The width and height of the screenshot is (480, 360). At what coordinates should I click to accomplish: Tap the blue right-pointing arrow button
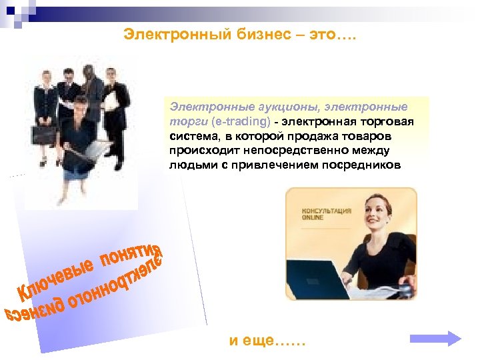point(435,338)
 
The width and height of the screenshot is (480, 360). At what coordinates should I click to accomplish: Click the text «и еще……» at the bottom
point(267,341)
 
